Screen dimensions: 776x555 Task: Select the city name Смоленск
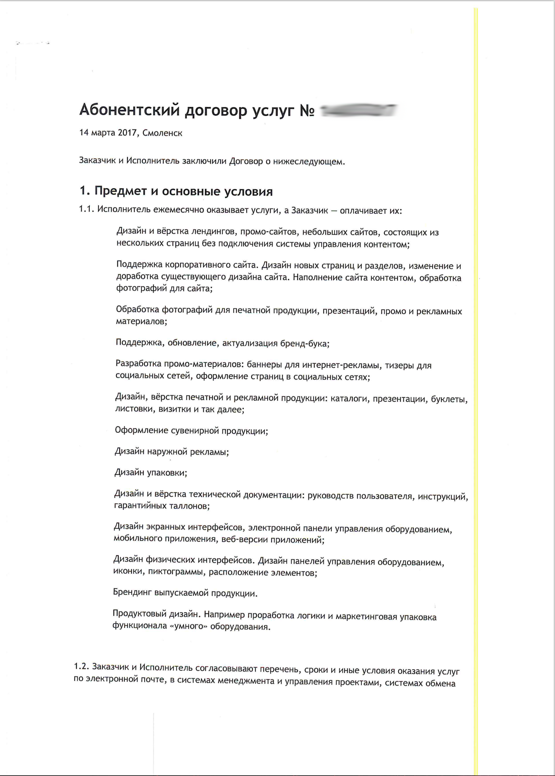162,133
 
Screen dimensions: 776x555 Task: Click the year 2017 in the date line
127,133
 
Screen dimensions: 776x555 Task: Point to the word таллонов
189,506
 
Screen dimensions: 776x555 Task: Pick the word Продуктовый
140,613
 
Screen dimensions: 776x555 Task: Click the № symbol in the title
307,110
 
